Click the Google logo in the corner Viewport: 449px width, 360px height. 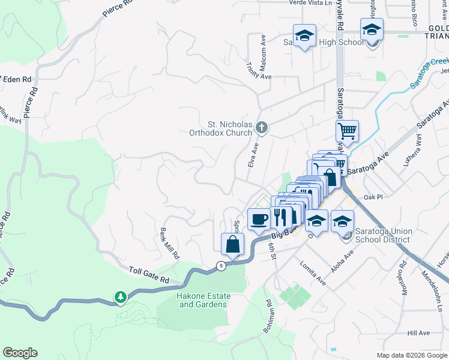[x=20, y=353]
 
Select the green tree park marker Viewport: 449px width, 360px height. [x=121, y=297]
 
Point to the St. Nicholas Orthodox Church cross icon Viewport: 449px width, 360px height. [x=261, y=127]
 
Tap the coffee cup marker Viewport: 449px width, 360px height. [x=259, y=219]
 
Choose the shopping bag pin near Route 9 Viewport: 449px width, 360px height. [x=233, y=244]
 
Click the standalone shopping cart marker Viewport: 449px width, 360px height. [x=346, y=130]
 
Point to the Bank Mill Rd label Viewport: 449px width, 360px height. [x=170, y=243]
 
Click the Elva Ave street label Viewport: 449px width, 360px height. [x=253, y=155]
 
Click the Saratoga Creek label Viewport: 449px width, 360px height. [x=429, y=73]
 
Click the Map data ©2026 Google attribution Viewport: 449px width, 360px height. [x=411, y=355]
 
